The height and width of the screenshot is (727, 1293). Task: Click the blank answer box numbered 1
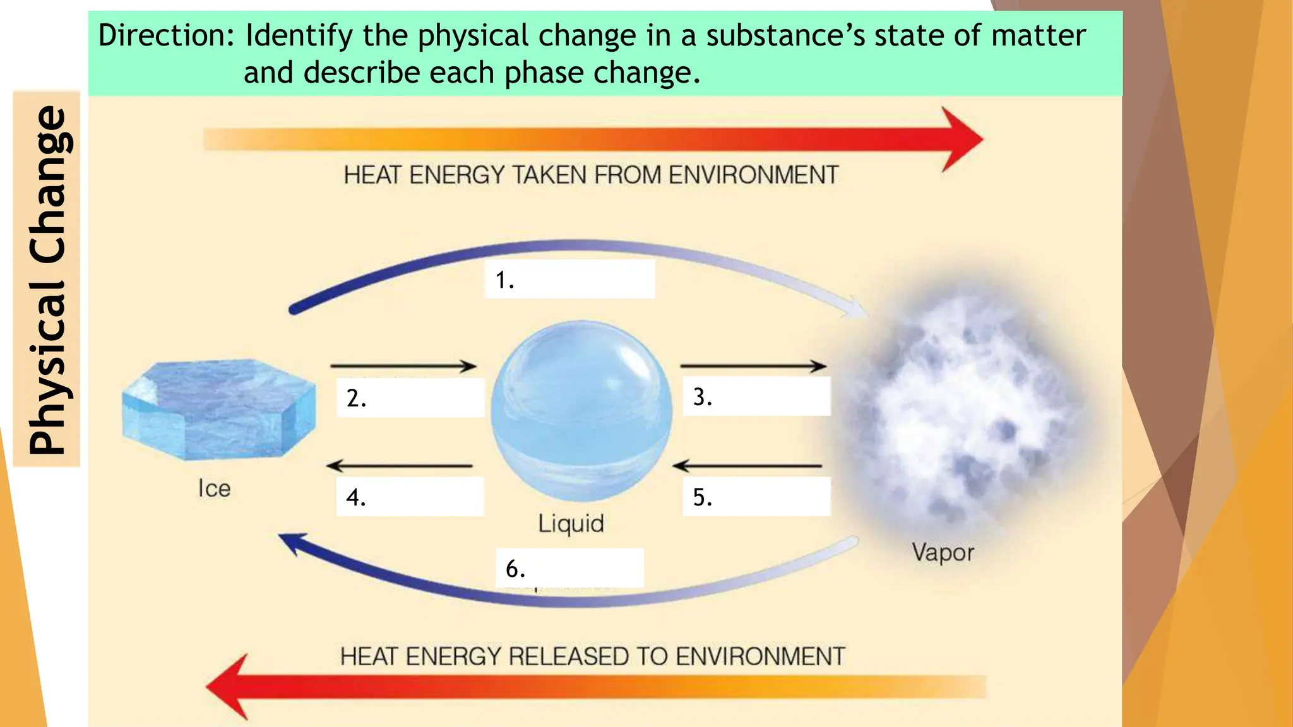(x=569, y=279)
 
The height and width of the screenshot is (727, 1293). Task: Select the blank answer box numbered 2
(x=410, y=398)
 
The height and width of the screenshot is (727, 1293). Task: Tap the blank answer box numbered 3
(x=756, y=396)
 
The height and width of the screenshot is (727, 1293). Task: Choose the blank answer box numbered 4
(x=410, y=497)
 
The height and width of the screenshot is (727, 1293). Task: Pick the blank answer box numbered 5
(x=756, y=497)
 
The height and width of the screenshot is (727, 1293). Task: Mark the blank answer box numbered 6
(x=569, y=568)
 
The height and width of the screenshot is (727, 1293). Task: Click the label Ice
(x=214, y=488)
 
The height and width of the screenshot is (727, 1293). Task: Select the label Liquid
(x=571, y=523)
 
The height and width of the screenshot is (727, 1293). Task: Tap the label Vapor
(x=943, y=552)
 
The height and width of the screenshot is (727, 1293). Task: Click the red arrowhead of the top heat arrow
(x=960, y=139)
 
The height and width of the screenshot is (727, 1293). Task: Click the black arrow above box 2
(x=403, y=366)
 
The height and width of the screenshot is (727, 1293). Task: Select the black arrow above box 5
(x=748, y=466)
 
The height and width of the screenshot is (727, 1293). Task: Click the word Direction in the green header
(x=166, y=35)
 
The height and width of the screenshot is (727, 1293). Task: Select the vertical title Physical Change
(x=47, y=279)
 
